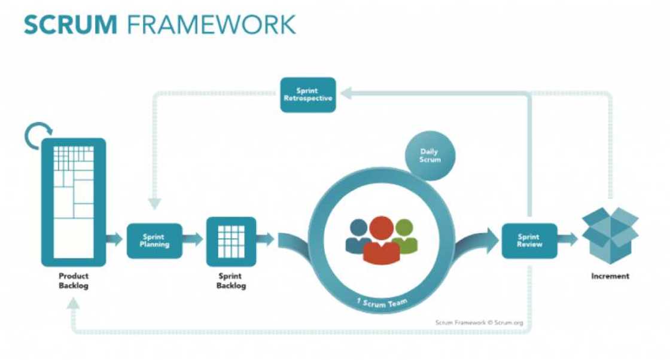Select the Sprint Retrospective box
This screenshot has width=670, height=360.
pyautogui.click(x=306, y=94)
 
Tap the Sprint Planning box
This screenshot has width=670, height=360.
pyautogui.click(x=154, y=240)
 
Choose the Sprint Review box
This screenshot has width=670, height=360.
pyautogui.click(x=529, y=240)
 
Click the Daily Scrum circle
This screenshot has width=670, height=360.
pyautogui.click(x=430, y=156)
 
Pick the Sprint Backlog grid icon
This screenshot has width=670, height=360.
pyautogui.click(x=231, y=241)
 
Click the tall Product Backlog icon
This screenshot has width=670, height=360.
pyautogui.click(x=74, y=202)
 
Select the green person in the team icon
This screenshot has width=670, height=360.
pyautogui.click(x=404, y=236)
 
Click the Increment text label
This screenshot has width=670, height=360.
pyautogui.click(x=610, y=276)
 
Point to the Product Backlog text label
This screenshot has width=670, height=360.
pyautogui.click(x=74, y=281)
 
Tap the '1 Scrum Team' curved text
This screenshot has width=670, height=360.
pyautogui.click(x=382, y=303)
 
